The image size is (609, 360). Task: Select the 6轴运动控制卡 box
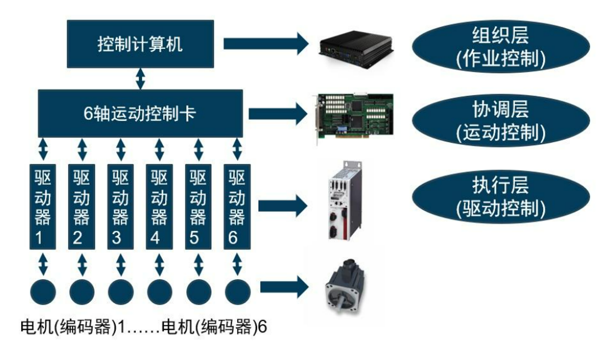140,113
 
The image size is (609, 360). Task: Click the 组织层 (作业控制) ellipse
500,47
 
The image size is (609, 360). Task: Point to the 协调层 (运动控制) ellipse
500,121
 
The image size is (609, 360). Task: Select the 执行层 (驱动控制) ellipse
500,197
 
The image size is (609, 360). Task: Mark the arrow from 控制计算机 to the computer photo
266,44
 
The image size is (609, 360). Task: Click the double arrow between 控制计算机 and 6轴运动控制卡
140,78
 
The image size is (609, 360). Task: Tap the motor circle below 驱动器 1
43,292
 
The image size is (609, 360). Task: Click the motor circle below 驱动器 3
121,292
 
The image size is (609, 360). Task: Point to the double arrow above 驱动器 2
82,150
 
